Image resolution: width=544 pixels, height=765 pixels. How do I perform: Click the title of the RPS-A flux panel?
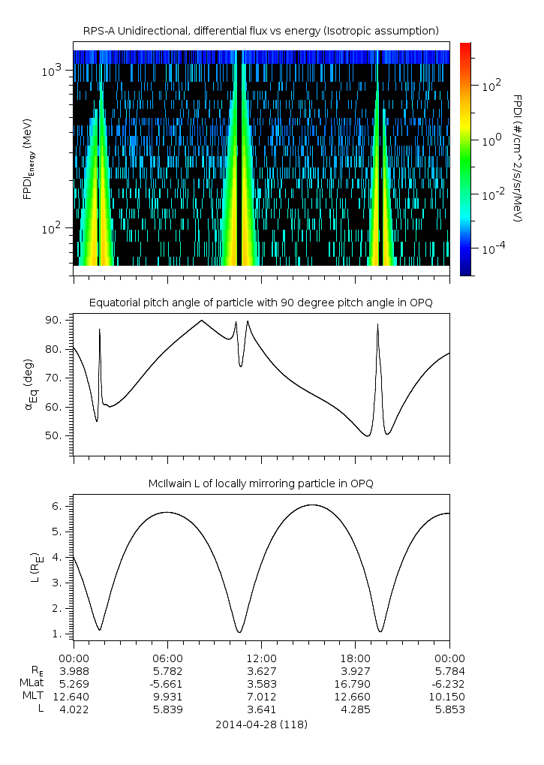260,31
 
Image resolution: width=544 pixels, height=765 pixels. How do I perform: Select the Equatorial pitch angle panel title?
260,303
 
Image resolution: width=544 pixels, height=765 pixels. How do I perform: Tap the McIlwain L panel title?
260,483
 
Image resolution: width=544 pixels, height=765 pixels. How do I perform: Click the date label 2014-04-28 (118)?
260,724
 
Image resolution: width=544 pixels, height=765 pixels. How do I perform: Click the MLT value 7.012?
261,697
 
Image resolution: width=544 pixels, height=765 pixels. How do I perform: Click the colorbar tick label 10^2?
490,86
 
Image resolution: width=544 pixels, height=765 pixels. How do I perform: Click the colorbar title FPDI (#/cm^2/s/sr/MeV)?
517,158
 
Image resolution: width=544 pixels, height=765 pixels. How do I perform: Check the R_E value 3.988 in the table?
74,670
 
